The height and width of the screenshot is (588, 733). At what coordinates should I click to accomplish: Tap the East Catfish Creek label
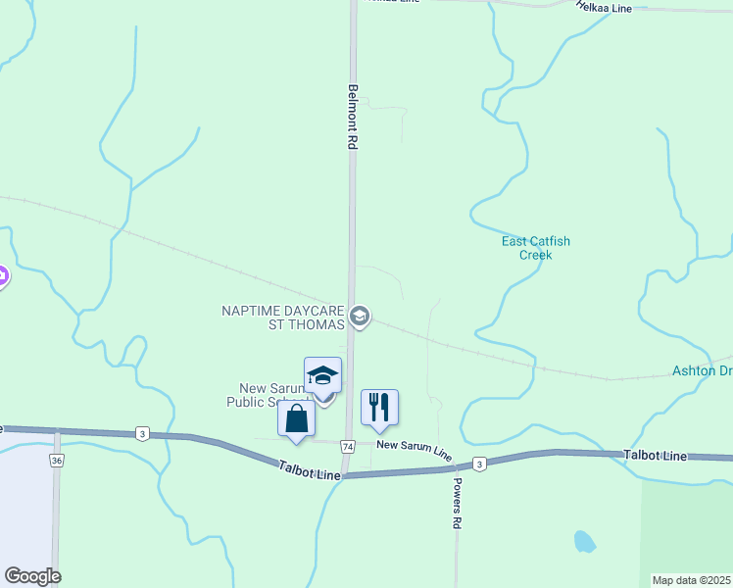[x=535, y=248]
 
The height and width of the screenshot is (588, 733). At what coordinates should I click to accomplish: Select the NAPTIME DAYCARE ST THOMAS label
[x=283, y=318]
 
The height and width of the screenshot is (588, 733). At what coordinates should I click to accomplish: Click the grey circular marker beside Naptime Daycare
[x=360, y=316]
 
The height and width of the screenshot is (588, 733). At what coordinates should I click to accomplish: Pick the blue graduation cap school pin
[x=322, y=377]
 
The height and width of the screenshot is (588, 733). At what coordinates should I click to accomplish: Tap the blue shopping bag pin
[x=296, y=418]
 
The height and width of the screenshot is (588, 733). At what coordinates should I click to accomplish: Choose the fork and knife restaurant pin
[x=379, y=407]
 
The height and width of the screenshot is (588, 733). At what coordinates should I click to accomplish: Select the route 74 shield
[x=348, y=446]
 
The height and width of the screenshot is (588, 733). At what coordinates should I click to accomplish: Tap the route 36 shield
[x=56, y=460]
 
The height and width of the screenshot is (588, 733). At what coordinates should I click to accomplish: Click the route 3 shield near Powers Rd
[x=478, y=464]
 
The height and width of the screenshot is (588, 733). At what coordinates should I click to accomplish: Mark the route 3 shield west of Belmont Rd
[x=143, y=433]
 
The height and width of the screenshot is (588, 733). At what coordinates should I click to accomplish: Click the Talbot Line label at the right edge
[x=657, y=456]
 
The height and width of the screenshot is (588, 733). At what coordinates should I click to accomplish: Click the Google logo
[x=32, y=576]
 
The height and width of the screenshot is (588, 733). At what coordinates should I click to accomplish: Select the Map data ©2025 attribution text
[x=691, y=580]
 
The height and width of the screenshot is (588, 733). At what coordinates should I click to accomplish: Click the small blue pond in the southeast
[x=584, y=540]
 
